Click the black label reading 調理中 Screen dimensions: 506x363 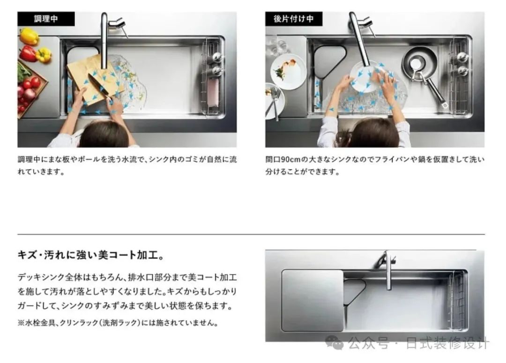(46, 19)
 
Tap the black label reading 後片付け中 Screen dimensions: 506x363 (294, 19)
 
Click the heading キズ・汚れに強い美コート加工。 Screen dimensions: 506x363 (91, 255)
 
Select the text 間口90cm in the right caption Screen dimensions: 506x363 (283, 159)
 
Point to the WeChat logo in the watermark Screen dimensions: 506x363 (335, 343)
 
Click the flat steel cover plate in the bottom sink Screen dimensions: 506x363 (313, 300)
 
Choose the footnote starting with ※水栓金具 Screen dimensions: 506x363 (118, 323)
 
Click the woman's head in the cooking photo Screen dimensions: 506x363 (104, 134)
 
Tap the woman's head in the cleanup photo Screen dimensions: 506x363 (374, 133)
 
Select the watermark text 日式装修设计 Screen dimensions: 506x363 (448, 343)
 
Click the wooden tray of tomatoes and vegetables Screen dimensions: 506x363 (30, 87)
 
